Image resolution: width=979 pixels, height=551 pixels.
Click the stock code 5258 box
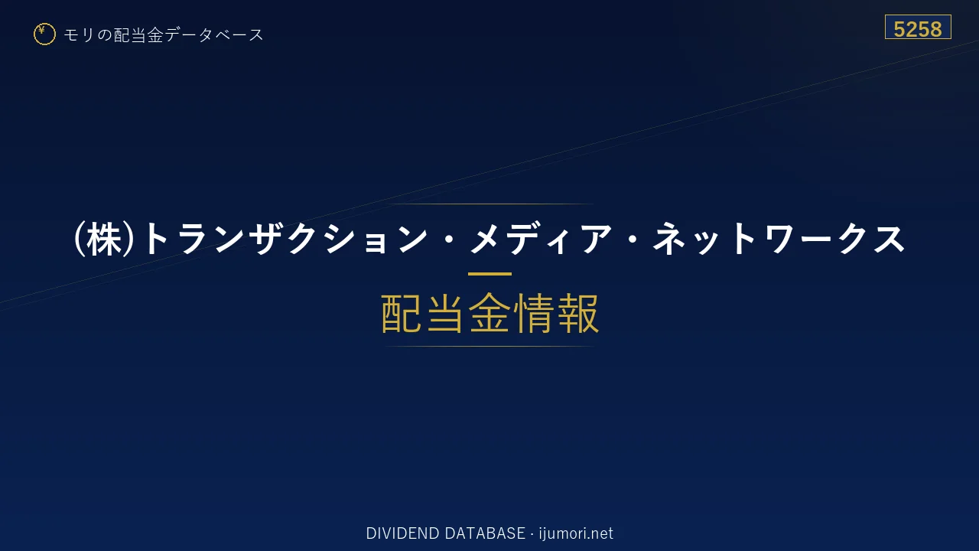[918, 27]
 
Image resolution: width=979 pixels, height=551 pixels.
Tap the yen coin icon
[44, 34]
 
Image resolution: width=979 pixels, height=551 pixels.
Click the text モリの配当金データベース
[164, 35]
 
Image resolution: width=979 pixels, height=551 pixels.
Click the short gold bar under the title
[489, 274]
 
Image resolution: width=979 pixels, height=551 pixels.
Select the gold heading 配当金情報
[490, 313]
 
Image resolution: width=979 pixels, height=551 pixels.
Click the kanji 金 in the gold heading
[489, 313]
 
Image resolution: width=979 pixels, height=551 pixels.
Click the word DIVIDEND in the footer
[402, 533]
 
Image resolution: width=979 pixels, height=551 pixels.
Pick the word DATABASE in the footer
[485, 533]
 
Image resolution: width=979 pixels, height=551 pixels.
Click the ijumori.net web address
[576, 533]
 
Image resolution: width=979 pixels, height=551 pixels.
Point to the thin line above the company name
[489, 204]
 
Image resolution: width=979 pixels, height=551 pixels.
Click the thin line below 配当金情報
[489, 347]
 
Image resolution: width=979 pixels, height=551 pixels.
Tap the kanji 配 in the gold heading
[402, 313]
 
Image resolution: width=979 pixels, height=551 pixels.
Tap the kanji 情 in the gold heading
[534, 313]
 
